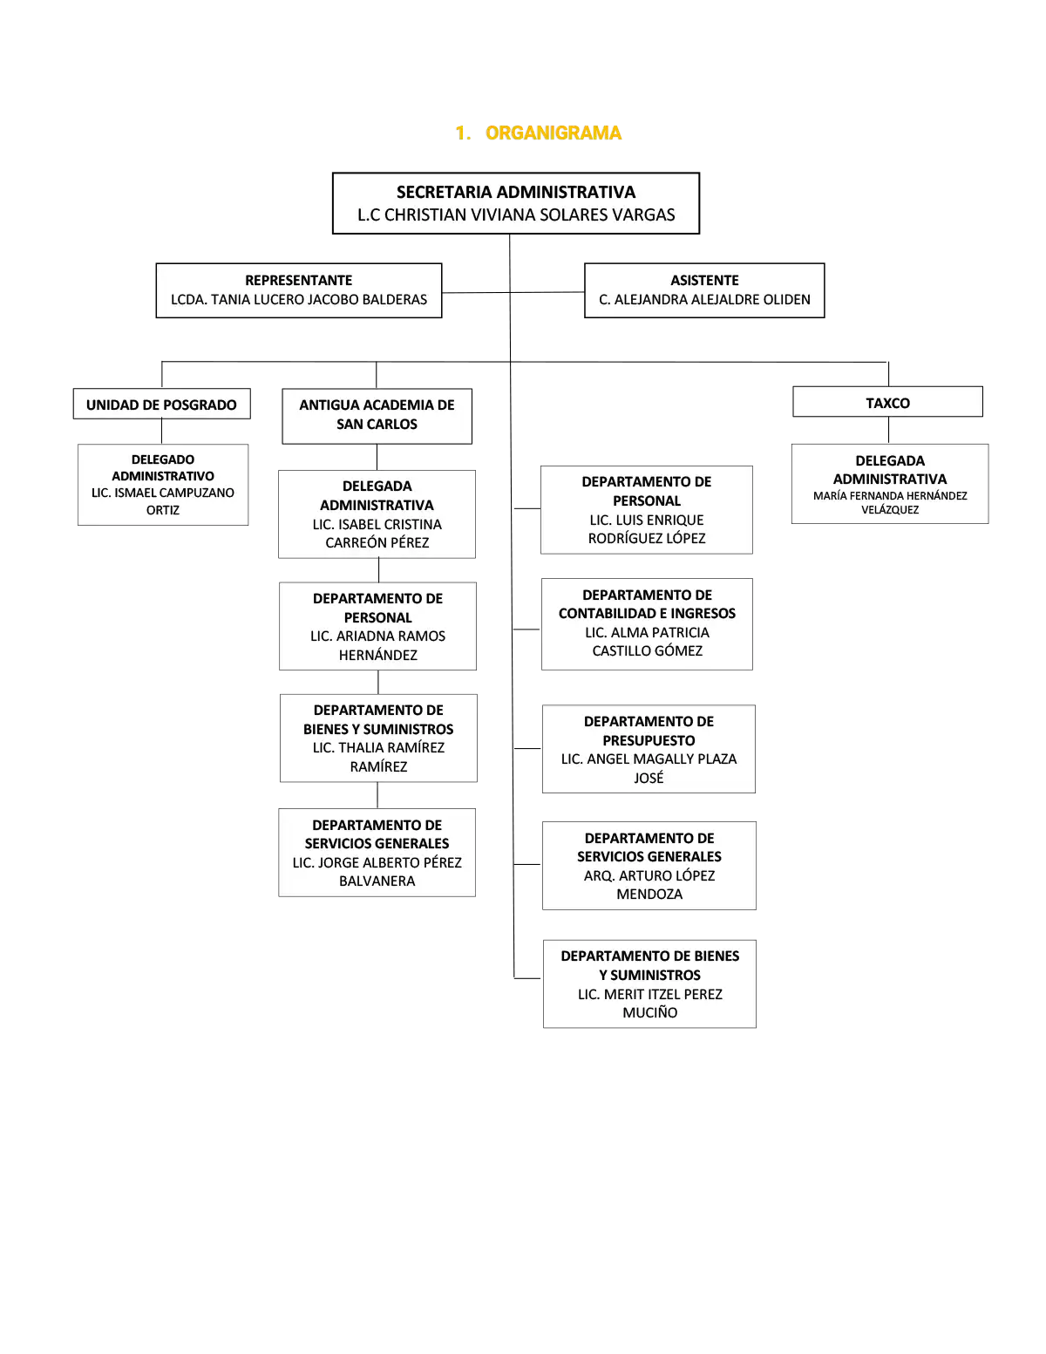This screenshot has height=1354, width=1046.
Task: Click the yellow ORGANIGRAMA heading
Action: tap(553, 133)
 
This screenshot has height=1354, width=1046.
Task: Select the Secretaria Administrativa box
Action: tap(516, 203)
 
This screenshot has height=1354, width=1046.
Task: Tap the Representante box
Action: tap(298, 290)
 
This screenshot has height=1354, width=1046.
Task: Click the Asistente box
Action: tap(704, 290)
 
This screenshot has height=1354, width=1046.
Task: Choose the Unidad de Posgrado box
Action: tap(161, 404)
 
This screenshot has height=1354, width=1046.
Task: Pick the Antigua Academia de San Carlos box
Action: tap(377, 416)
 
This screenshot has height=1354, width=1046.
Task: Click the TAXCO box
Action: tap(887, 402)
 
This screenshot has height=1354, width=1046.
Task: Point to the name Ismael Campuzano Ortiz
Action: tap(163, 501)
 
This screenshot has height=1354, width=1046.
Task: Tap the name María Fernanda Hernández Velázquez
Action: tap(890, 502)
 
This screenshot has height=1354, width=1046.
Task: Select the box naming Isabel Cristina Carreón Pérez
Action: tap(377, 514)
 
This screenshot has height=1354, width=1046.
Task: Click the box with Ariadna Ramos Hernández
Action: tap(377, 626)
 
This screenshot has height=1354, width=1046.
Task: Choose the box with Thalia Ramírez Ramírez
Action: tap(378, 738)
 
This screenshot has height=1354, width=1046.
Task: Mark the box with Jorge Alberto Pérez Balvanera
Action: tap(377, 853)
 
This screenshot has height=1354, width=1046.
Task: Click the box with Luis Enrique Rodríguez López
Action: tap(647, 510)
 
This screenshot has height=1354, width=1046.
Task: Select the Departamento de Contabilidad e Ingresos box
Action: tap(647, 624)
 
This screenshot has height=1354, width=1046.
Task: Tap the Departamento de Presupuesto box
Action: tap(649, 749)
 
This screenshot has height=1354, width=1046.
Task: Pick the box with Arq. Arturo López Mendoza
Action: tap(649, 866)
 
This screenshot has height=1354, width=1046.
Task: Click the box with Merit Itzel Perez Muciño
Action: tap(649, 983)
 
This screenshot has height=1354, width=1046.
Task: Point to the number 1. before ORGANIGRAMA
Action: tap(462, 133)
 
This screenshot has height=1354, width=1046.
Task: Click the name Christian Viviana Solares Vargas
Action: tap(530, 214)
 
